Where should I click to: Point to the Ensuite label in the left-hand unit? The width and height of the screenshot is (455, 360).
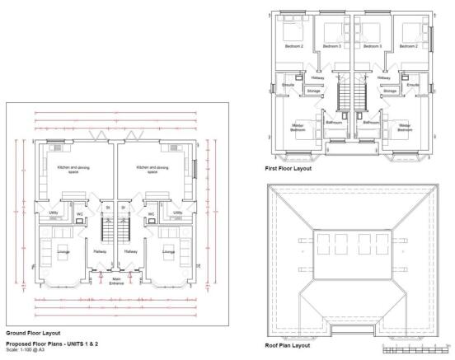click(288, 85)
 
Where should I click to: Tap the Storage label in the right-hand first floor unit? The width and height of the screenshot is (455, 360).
click(391, 91)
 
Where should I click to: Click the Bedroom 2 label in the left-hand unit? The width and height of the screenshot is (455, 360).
click(294, 47)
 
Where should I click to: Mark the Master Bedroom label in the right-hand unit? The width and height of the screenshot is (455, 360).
click(406, 128)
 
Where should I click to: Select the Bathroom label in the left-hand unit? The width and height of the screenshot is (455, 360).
click(334, 122)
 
